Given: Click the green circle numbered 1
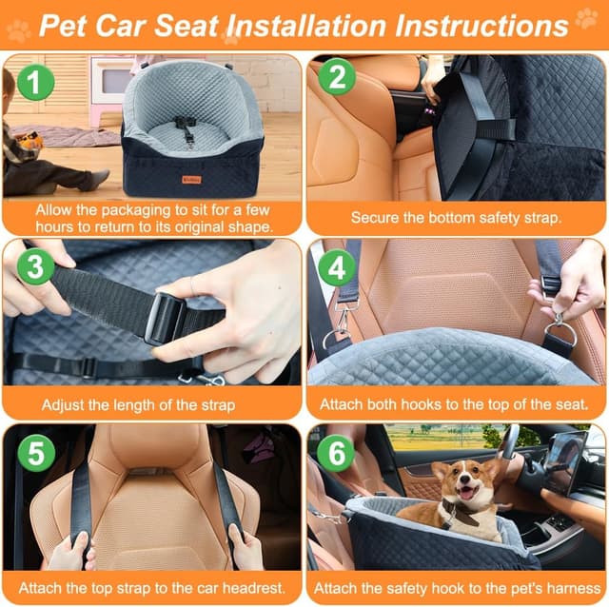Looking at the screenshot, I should (34, 83).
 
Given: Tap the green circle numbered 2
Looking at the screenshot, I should (337, 77).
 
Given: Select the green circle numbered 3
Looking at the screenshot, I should (35, 269).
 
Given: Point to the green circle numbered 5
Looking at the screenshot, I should (35, 453).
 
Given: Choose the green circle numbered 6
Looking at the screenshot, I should (335, 453).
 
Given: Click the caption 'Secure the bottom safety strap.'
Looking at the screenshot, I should (456, 218).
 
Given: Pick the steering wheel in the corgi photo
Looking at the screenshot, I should (511, 447).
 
